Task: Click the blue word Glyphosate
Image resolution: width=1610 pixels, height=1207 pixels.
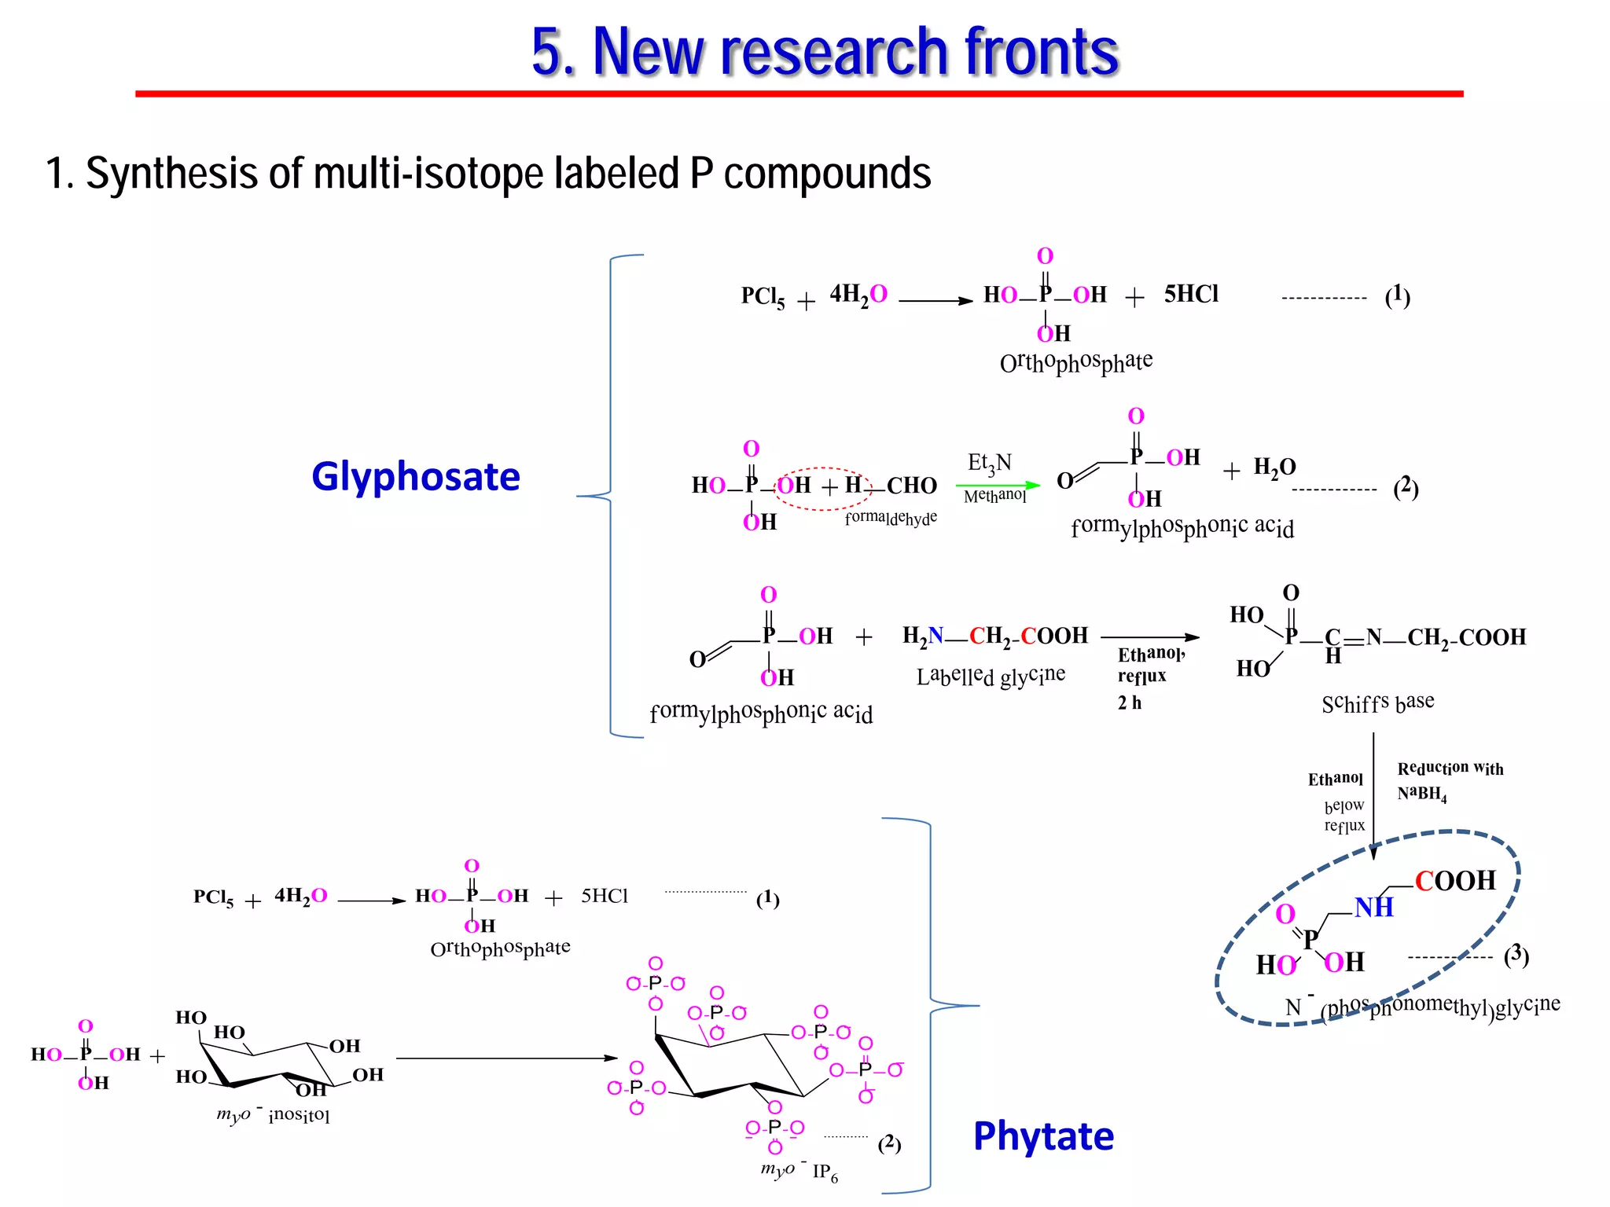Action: pos(416,476)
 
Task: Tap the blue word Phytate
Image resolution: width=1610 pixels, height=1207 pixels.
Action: pos(1043,1135)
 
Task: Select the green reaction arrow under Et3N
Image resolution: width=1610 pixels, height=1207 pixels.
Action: pos(998,485)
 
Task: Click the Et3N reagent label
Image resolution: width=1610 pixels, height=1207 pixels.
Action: pos(989,464)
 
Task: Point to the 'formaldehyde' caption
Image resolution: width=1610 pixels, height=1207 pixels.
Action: pos(891,518)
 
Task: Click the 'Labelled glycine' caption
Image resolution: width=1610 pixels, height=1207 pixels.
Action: pos(991,676)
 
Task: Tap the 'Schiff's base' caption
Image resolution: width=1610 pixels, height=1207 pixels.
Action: pos(1377,702)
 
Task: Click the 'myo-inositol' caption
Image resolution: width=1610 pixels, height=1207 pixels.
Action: pos(273,1114)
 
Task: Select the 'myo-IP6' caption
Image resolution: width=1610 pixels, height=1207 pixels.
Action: pos(799,1172)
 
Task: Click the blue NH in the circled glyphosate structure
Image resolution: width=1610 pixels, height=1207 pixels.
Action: pos(1373,908)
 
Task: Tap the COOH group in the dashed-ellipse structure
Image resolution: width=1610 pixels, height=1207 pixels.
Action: pos(1455,881)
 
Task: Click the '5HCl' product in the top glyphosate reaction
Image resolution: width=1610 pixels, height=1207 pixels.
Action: pos(1191,294)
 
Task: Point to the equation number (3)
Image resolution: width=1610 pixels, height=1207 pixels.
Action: pos(1516,956)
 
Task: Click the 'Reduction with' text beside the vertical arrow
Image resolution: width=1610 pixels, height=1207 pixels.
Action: pos(1450,768)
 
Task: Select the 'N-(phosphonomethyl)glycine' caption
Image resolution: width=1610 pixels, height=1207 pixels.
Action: pos(1422,1007)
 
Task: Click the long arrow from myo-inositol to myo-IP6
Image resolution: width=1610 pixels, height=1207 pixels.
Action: pos(506,1058)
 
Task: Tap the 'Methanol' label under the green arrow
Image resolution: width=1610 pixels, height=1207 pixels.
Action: pos(994,496)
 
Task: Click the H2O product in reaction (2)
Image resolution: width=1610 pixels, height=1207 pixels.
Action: pos(1274,468)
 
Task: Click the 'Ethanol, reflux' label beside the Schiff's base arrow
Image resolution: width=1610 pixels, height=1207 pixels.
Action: pos(1150,665)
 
